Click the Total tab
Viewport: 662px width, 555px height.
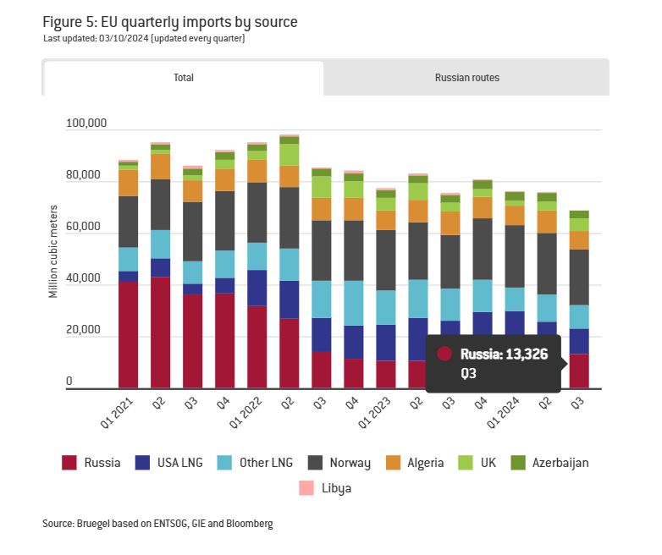point(184,78)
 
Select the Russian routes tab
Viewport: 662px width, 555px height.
point(466,78)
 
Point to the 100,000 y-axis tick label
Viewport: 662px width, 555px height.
point(86,124)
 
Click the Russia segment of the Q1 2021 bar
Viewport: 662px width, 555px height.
point(128,335)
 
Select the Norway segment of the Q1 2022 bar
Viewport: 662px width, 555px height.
point(257,212)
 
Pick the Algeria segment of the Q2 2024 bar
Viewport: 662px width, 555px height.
point(547,222)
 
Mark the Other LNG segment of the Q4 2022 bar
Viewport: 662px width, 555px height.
point(353,303)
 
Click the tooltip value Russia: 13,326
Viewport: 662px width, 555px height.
point(504,354)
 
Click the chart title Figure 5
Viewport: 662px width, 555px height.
point(169,22)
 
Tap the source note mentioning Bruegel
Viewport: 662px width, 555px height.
point(157,525)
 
